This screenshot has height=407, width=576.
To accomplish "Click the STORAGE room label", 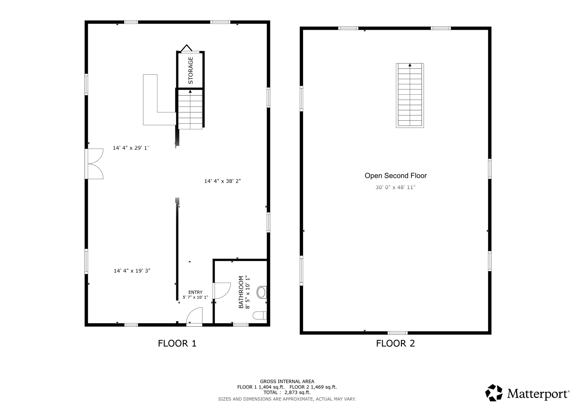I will coord(190,70).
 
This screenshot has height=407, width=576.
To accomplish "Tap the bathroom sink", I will coord(261,292).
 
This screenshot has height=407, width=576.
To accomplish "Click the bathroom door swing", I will coord(222,291).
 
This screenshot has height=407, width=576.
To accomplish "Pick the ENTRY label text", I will coord(195,292).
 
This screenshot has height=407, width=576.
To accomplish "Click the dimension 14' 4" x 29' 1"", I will coord(131,148).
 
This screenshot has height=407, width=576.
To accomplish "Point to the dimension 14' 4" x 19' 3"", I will coord(132,271).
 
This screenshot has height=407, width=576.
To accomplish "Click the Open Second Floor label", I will coord(395,176).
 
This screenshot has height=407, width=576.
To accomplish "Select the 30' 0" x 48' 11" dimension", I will coord(395,187).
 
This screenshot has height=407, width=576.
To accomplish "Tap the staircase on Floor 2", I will coord(410,96).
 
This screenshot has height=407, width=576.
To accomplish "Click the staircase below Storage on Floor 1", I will coord(190,110).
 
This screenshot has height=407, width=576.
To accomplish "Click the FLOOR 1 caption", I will coord(177,343).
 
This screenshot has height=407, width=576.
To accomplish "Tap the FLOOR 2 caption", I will coord(395,343).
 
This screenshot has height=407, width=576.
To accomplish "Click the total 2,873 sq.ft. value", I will coord(297,392).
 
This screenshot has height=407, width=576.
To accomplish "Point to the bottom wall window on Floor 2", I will coord(397,333).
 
